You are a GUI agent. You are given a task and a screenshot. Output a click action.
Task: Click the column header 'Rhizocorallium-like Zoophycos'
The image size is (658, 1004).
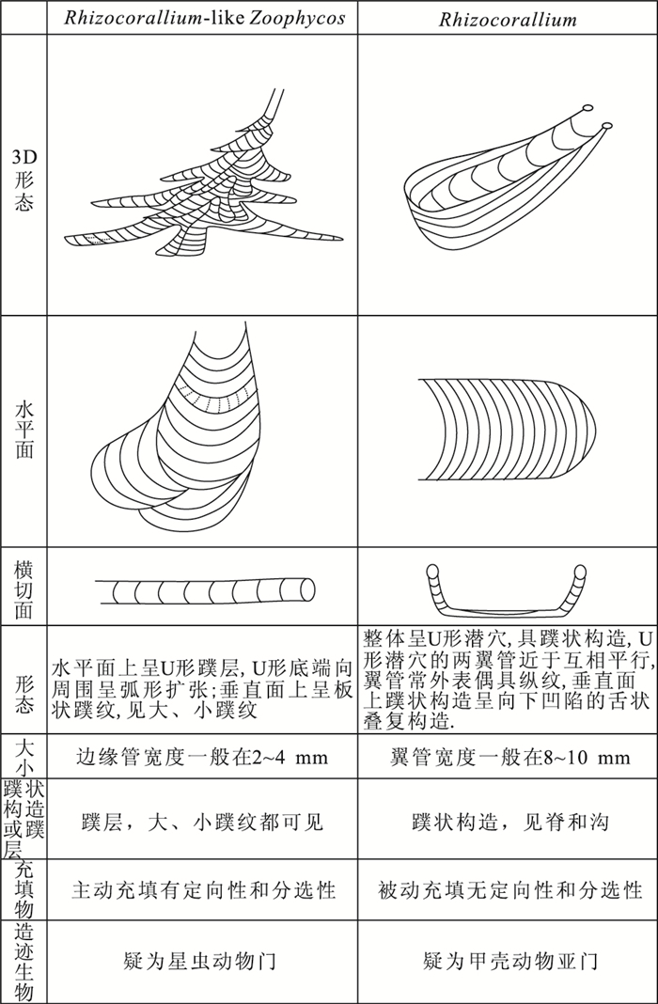click(x=203, y=18)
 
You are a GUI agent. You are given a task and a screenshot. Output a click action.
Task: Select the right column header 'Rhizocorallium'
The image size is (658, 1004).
click(x=508, y=18)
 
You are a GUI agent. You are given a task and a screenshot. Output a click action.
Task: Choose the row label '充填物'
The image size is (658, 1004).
click(x=23, y=888)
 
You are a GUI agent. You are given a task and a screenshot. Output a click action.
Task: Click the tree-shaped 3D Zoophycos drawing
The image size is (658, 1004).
click(x=207, y=188)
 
